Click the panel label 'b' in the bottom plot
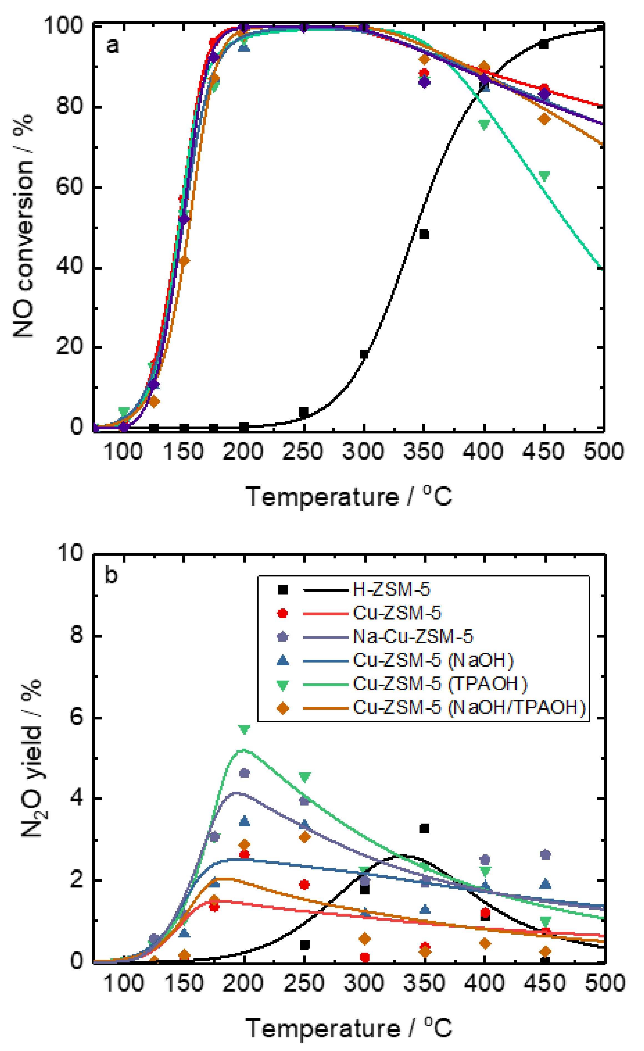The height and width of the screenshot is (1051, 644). pyautogui.click(x=111, y=575)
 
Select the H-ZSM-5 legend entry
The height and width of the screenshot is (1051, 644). pyautogui.click(x=391, y=590)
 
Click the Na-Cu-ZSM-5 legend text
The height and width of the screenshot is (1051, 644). pyautogui.click(x=413, y=637)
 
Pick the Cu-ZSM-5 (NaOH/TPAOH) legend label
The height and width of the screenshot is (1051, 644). pyautogui.click(x=469, y=708)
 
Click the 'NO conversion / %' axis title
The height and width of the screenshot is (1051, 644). pyautogui.click(x=23, y=226)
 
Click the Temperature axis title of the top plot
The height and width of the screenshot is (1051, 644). pyautogui.click(x=348, y=497)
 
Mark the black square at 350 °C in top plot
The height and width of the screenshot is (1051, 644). pyautogui.click(x=424, y=234)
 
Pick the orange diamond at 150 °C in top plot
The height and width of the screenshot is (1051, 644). pyautogui.click(x=184, y=261)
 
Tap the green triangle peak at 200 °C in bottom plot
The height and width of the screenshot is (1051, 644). pyautogui.click(x=244, y=729)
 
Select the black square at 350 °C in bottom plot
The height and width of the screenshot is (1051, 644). pyautogui.click(x=424, y=828)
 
